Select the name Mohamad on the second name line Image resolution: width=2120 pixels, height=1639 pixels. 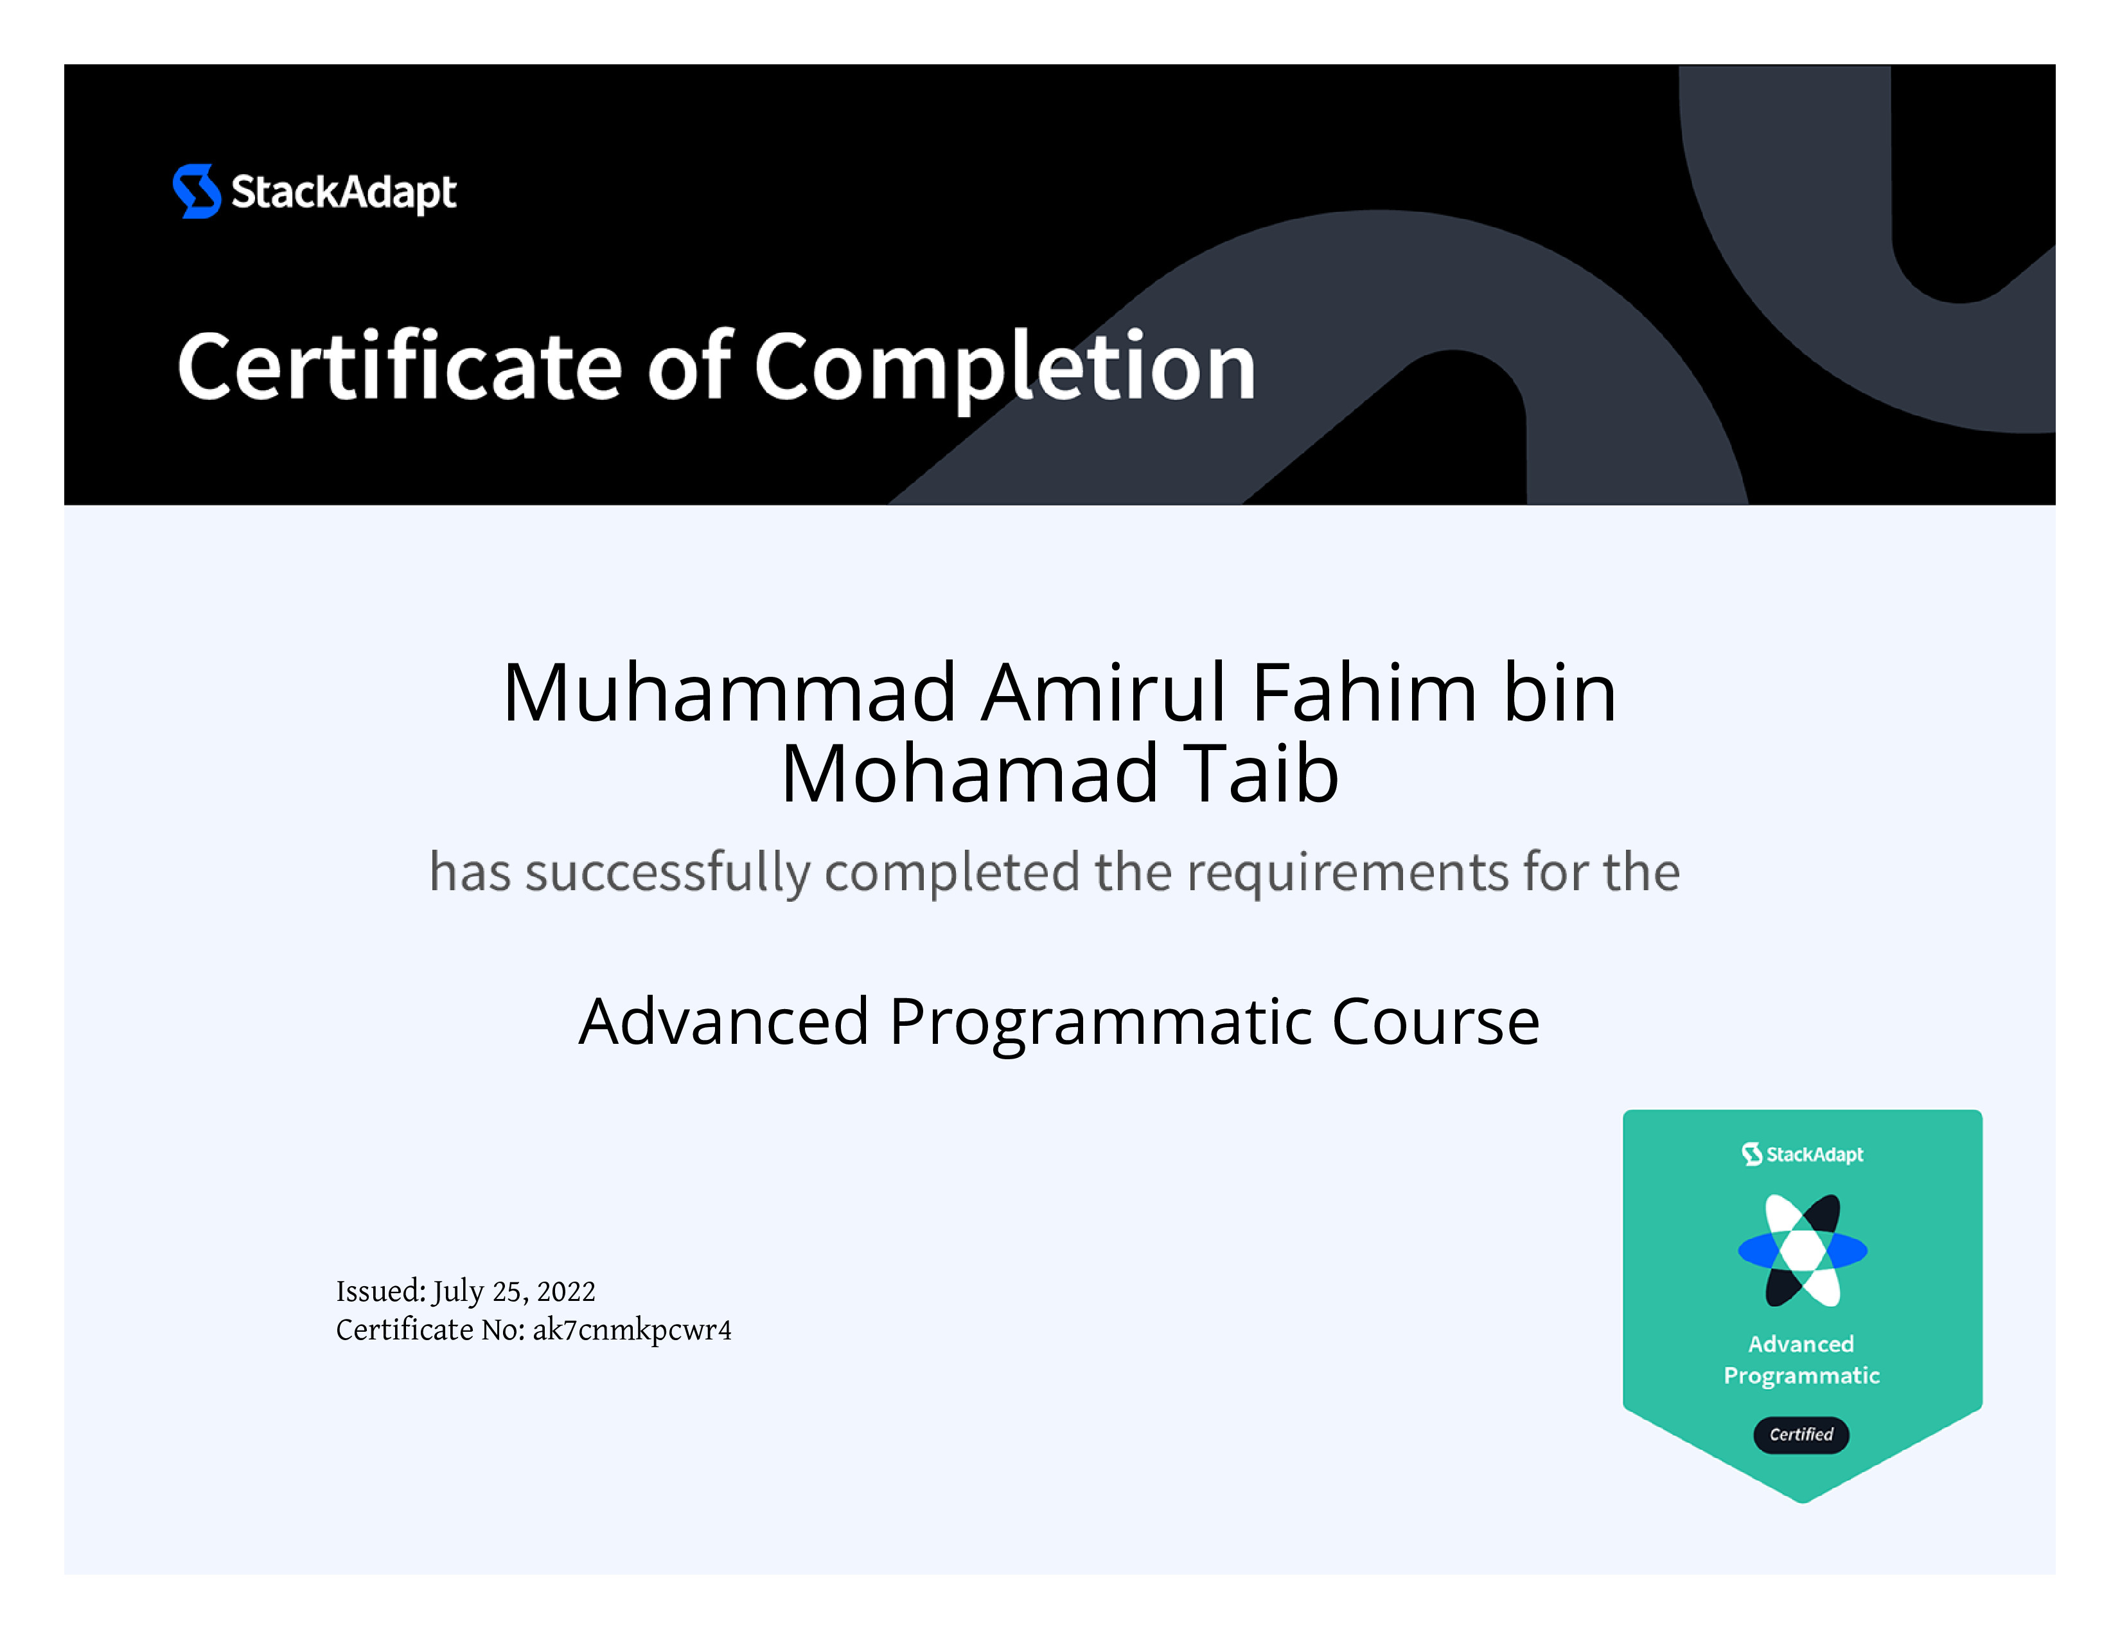[x=969, y=774]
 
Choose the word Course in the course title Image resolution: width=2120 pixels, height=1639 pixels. [x=1436, y=1021]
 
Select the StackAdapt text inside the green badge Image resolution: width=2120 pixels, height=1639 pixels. [x=1814, y=1154]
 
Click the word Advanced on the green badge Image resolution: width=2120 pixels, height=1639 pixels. [x=1801, y=1344]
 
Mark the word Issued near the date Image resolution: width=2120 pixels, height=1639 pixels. [x=380, y=1291]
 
